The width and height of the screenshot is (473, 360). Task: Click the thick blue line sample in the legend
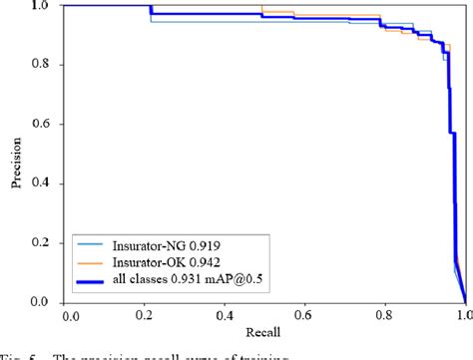(93, 282)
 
